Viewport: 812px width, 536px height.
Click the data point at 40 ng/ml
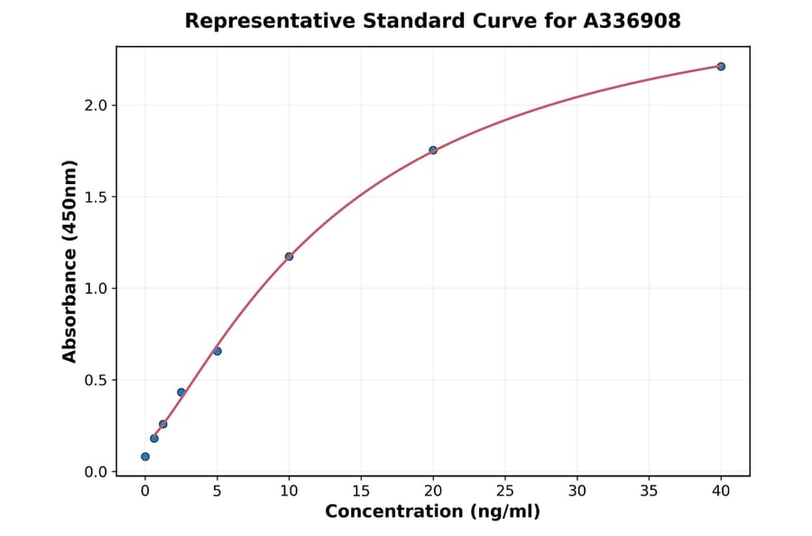coord(721,67)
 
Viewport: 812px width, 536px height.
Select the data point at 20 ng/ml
coord(433,150)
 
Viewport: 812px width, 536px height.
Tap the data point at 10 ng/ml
coord(289,256)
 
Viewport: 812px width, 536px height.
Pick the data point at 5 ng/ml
coord(217,351)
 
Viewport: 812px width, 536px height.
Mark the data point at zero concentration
coord(145,457)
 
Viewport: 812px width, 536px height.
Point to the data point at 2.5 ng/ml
coord(181,393)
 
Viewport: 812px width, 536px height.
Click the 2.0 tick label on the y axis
coord(96,106)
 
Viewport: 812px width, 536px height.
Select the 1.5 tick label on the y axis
coord(96,198)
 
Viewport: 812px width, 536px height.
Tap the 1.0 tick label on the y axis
coord(96,289)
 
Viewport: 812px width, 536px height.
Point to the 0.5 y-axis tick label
coord(96,381)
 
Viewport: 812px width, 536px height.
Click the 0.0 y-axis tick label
coord(96,472)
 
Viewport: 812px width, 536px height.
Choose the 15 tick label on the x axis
coord(361,491)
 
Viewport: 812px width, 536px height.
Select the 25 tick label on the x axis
coord(505,491)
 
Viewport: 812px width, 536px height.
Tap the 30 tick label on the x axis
coord(577,491)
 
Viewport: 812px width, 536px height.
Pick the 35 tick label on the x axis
coord(650,491)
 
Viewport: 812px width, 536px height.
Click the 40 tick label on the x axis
coord(721,491)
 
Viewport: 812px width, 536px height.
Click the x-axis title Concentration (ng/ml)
coord(433,513)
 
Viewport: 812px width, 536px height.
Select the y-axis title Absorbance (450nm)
coord(70,261)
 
